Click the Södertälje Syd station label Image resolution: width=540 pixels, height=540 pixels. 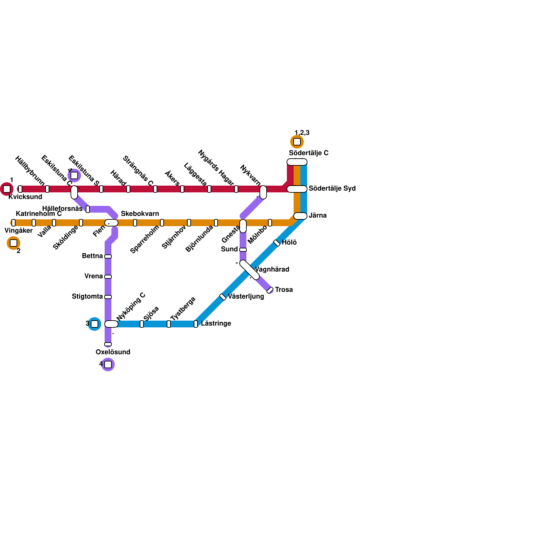coord(332,188)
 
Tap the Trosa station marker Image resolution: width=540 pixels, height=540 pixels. coord(270,290)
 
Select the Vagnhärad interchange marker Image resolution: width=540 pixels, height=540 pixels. coord(250,270)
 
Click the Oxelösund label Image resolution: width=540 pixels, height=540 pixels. coord(113,352)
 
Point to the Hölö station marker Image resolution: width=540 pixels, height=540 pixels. coord(277,243)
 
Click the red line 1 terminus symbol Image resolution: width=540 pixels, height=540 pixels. coord(7,189)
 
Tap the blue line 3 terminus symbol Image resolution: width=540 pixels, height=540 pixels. coord(94,324)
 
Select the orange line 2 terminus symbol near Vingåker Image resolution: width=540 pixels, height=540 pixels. coord(13,243)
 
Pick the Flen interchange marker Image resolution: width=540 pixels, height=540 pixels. coord(111,223)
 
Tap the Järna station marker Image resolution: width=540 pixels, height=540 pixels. coord(300,216)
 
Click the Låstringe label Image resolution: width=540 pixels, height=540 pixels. coord(216,323)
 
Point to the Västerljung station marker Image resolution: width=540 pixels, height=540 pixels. coord(223,297)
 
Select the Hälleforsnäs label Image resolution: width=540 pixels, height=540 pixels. coord(62,209)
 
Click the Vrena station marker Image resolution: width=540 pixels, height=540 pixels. coord(108,277)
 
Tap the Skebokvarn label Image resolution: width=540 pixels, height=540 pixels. coord(140,214)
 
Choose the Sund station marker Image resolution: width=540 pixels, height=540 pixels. coord(243,250)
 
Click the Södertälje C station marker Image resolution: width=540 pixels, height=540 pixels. coord(297,162)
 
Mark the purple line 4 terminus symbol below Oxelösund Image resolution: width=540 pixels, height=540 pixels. coord(108,364)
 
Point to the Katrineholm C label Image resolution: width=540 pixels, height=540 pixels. coord(39,214)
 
